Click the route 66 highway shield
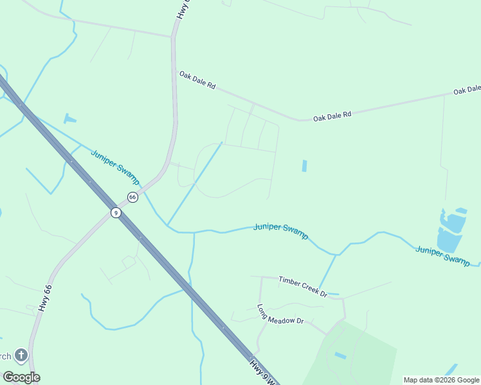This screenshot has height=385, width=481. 132,197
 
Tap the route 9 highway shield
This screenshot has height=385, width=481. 116,212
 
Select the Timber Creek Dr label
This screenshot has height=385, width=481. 303,286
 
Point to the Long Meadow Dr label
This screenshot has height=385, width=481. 280,314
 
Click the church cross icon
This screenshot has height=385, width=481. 21,355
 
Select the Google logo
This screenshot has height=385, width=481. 21,377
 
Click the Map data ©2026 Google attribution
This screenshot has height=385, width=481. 442,380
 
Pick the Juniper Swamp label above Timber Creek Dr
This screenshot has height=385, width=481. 280,230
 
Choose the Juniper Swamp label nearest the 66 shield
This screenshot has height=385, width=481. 115,167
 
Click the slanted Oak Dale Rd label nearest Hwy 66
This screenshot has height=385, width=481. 197,80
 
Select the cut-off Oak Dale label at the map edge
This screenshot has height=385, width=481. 467,90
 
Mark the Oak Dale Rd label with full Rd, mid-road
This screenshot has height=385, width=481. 332,116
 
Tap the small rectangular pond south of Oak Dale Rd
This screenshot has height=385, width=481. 304,166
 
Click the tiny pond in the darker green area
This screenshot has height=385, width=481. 340,355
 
